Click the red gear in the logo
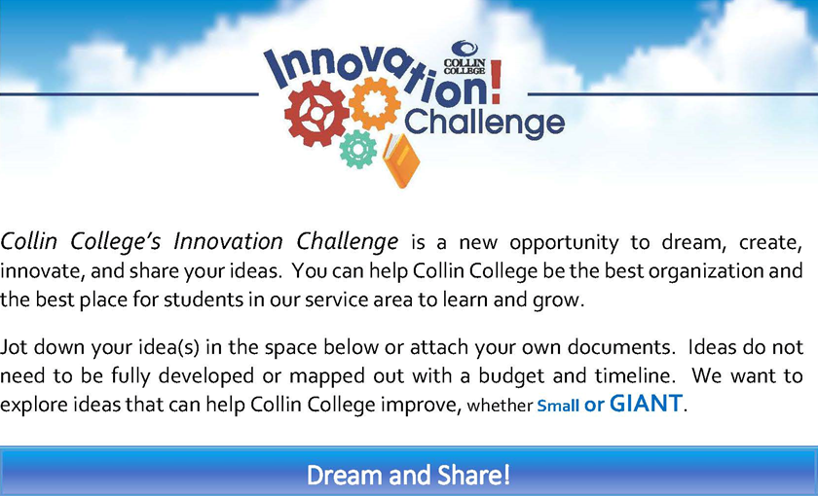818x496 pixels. [x=316, y=114]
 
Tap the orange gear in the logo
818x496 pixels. [x=375, y=104]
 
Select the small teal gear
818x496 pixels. [x=358, y=149]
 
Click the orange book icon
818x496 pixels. [x=401, y=159]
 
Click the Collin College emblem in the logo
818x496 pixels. [x=465, y=57]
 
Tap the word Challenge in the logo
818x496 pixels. [x=484, y=123]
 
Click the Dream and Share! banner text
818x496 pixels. [x=408, y=475]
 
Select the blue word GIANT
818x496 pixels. [x=646, y=404]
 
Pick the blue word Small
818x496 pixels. [x=558, y=406]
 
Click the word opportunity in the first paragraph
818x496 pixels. [x=564, y=243]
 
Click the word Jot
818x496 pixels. [x=14, y=346]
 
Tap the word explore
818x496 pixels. [x=30, y=406]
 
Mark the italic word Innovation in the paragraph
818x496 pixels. [x=229, y=242]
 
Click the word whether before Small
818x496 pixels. [x=500, y=406]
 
